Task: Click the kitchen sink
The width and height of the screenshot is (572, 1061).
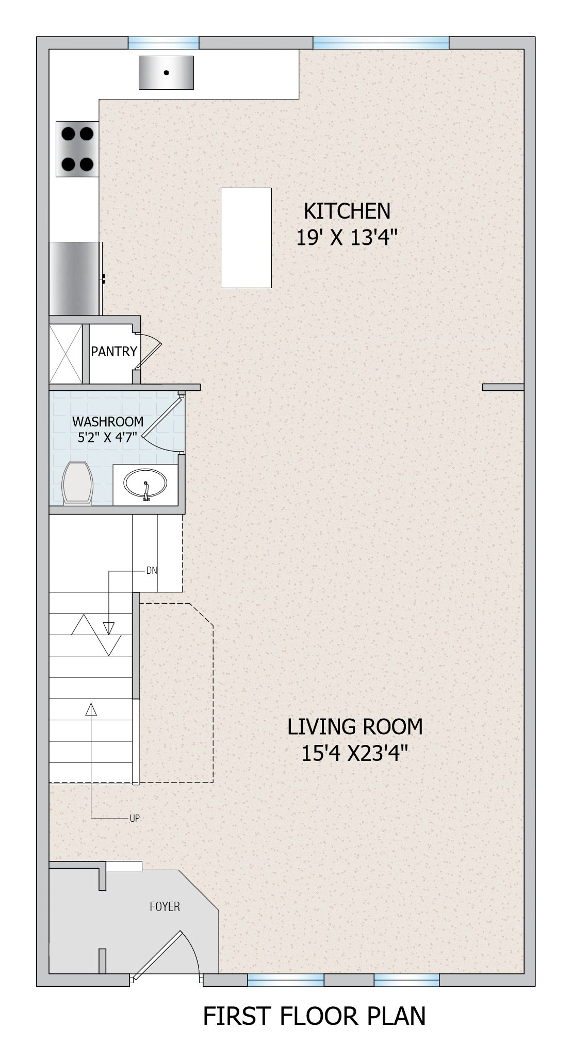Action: pyautogui.click(x=166, y=72)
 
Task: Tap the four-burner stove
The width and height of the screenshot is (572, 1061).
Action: pyautogui.click(x=77, y=148)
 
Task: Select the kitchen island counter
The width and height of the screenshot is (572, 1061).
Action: pyautogui.click(x=246, y=238)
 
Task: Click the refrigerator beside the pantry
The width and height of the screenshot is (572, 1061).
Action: pyautogui.click(x=75, y=278)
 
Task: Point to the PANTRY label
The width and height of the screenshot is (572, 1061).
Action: pyautogui.click(x=114, y=352)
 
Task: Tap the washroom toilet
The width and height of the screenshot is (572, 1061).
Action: pyautogui.click(x=77, y=483)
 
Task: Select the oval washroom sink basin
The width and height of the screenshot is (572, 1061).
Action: pyautogui.click(x=145, y=485)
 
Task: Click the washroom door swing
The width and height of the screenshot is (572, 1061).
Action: pyautogui.click(x=162, y=423)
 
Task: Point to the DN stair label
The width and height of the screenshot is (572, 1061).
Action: pyautogui.click(x=152, y=571)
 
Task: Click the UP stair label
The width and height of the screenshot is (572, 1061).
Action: pyautogui.click(x=135, y=818)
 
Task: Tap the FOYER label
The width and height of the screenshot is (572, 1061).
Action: pyautogui.click(x=165, y=906)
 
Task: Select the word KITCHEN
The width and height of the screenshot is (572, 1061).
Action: pyautogui.click(x=347, y=211)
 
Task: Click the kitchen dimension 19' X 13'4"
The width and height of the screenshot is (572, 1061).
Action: pyautogui.click(x=347, y=238)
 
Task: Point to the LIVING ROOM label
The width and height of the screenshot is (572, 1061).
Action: pyautogui.click(x=355, y=726)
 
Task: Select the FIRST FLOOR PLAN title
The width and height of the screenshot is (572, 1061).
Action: pyautogui.click(x=315, y=1016)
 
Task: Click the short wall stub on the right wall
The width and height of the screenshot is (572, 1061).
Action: pyautogui.click(x=503, y=387)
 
